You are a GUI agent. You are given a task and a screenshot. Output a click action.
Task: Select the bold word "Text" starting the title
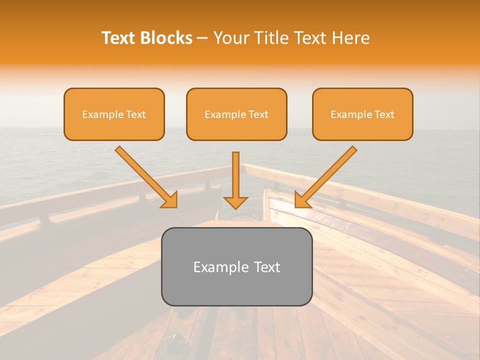tap(120, 38)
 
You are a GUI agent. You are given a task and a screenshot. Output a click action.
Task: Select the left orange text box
tap(114, 114)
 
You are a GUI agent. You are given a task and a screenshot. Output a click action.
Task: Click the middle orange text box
tap(236, 114)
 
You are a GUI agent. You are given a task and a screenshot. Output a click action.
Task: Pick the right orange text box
tap(362, 114)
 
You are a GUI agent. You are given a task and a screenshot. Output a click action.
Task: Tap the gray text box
tap(236, 266)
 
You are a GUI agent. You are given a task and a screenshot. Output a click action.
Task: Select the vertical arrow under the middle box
tap(235, 177)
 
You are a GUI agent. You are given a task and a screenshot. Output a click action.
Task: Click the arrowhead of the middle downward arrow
tap(235, 202)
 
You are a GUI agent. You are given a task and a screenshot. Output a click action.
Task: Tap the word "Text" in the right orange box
tap(384, 114)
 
